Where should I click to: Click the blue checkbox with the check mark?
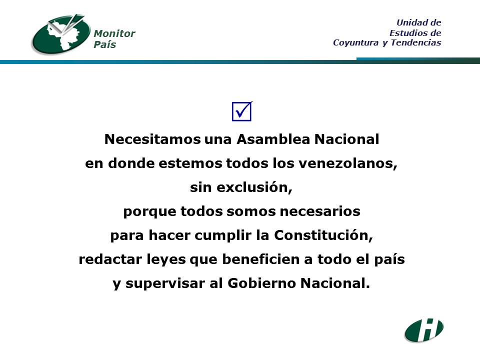[242, 111]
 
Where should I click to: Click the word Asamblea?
[273, 139]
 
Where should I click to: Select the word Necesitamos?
[152, 139]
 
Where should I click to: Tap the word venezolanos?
[348, 163]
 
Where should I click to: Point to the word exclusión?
[254, 187]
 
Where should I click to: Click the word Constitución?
[323, 235]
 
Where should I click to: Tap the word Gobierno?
[261, 283]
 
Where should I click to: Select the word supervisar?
[165, 283]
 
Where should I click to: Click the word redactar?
[110, 259]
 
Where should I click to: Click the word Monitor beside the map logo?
[114, 33]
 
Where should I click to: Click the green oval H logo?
[424, 330]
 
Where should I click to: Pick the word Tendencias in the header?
[416, 42]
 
